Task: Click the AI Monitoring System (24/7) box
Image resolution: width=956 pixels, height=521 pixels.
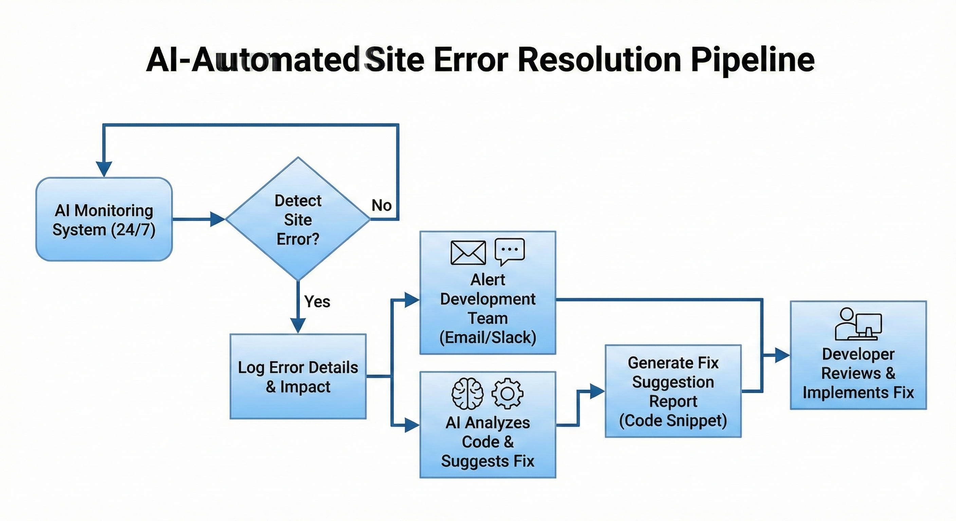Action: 104,219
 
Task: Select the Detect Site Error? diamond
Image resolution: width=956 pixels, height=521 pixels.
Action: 298,219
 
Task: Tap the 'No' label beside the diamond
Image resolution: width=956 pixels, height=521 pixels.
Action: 382,205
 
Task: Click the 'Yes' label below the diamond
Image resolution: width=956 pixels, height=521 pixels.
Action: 317,302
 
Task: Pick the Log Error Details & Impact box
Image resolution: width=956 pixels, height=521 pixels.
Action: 298,377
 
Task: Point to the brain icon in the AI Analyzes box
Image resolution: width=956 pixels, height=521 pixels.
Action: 467,393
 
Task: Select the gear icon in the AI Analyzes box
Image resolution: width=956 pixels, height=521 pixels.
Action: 507,393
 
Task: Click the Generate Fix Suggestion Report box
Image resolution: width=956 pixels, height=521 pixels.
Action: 673,391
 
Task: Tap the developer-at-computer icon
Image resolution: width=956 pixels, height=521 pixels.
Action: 858,324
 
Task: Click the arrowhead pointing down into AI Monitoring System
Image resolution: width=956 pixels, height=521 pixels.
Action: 104,169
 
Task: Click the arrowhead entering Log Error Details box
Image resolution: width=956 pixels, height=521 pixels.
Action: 298,325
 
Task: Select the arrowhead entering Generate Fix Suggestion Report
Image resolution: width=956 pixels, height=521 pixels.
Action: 597,391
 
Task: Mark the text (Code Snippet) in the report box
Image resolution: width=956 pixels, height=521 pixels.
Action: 673,421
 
